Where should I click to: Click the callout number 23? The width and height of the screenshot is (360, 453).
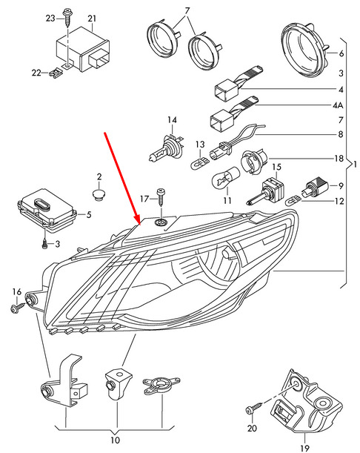(50, 19)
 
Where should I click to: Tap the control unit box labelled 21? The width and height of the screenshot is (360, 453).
(83, 50)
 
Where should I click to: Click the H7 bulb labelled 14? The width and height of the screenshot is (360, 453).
(165, 148)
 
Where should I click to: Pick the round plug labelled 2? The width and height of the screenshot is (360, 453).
(99, 194)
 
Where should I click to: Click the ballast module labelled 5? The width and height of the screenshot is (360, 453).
(47, 208)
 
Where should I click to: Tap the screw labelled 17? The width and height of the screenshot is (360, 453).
(160, 197)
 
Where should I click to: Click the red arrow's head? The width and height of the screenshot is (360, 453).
(137, 219)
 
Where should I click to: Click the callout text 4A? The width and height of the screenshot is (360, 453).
(338, 105)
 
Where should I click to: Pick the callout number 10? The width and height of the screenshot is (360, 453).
(115, 440)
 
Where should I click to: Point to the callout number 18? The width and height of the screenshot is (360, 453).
(339, 159)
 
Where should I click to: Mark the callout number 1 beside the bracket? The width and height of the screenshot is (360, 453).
(355, 165)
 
